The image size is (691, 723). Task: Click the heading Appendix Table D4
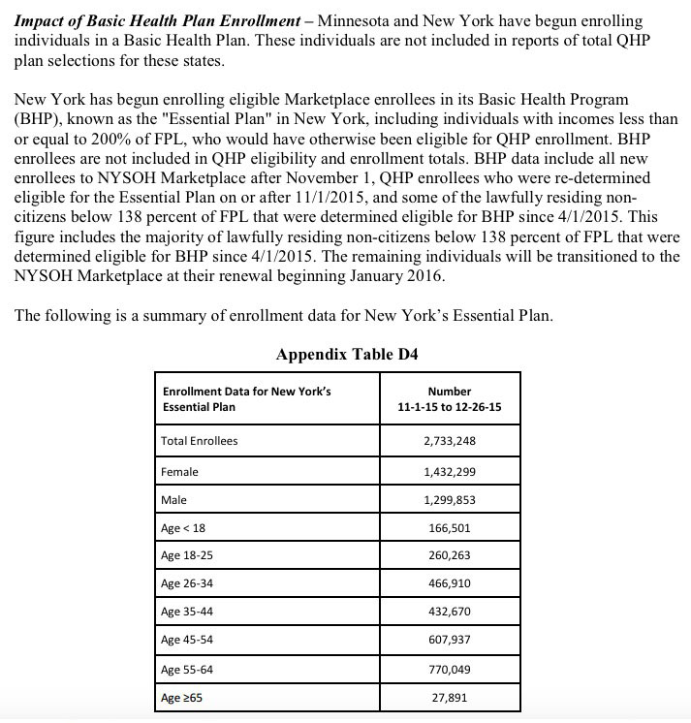coord(347,354)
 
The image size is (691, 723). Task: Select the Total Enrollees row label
coord(200,441)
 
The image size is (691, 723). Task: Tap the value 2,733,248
coord(450,441)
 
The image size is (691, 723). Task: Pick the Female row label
coord(180,471)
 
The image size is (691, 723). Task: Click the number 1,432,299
coord(450,471)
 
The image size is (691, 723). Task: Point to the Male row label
coord(174,500)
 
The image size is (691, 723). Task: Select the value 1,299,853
coord(450,500)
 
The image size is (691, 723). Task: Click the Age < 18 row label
coord(184,528)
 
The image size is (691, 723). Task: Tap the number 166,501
coord(450,528)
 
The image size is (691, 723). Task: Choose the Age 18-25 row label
coord(187,556)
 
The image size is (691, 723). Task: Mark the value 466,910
coord(450,585)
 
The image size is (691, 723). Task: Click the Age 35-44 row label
coord(187,613)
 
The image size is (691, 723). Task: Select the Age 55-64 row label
coord(187,670)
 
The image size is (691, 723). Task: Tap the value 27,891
coord(450,698)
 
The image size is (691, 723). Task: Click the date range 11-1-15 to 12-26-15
coord(450,406)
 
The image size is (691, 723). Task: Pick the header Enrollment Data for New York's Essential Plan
coord(247,398)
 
